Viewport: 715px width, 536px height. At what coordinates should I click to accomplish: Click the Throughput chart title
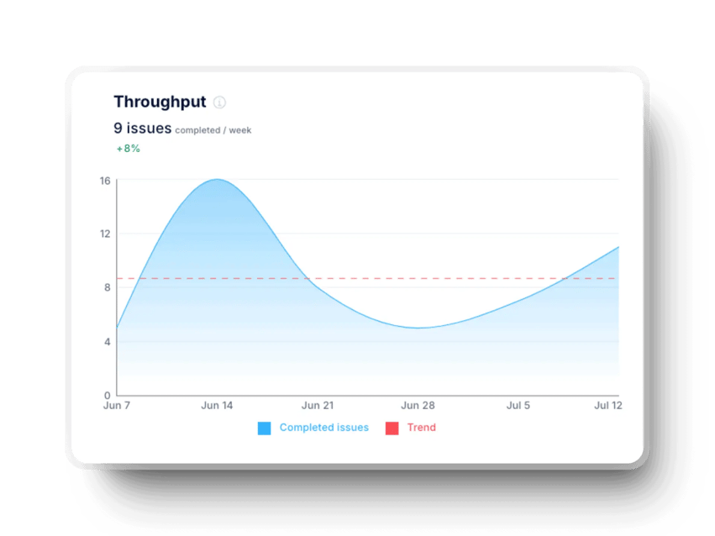pos(160,102)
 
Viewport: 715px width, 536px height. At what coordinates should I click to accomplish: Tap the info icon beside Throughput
pos(219,102)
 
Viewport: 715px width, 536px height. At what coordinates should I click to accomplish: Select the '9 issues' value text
pos(143,129)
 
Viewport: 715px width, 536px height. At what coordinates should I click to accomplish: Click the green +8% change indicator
pos(128,149)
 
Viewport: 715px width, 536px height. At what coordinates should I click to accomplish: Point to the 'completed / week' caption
pos(213,130)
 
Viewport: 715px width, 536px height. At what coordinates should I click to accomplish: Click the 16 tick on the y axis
pos(105,180)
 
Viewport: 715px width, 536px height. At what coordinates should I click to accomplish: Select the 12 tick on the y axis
pos(105,234)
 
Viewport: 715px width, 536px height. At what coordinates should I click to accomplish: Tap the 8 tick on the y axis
pos(107,287)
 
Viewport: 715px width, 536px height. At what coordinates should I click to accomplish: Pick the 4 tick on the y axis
pos(107,341)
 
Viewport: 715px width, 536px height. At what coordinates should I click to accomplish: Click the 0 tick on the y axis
pos(107,395)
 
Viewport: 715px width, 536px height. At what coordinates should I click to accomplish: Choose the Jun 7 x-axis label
pos(117,406)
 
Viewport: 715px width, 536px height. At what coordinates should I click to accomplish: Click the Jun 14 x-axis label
pos(217,406)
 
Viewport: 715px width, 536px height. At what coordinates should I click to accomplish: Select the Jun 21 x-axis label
pos(318,406)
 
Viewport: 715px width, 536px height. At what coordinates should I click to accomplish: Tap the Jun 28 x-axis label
pos(418,406)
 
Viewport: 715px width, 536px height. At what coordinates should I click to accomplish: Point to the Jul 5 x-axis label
pos(518,406)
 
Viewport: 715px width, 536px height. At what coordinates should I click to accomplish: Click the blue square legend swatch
pos(265,428)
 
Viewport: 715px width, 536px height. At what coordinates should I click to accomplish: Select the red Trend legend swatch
pos(392,428)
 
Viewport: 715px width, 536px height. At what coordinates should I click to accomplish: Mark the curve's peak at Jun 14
pos(217,179)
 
